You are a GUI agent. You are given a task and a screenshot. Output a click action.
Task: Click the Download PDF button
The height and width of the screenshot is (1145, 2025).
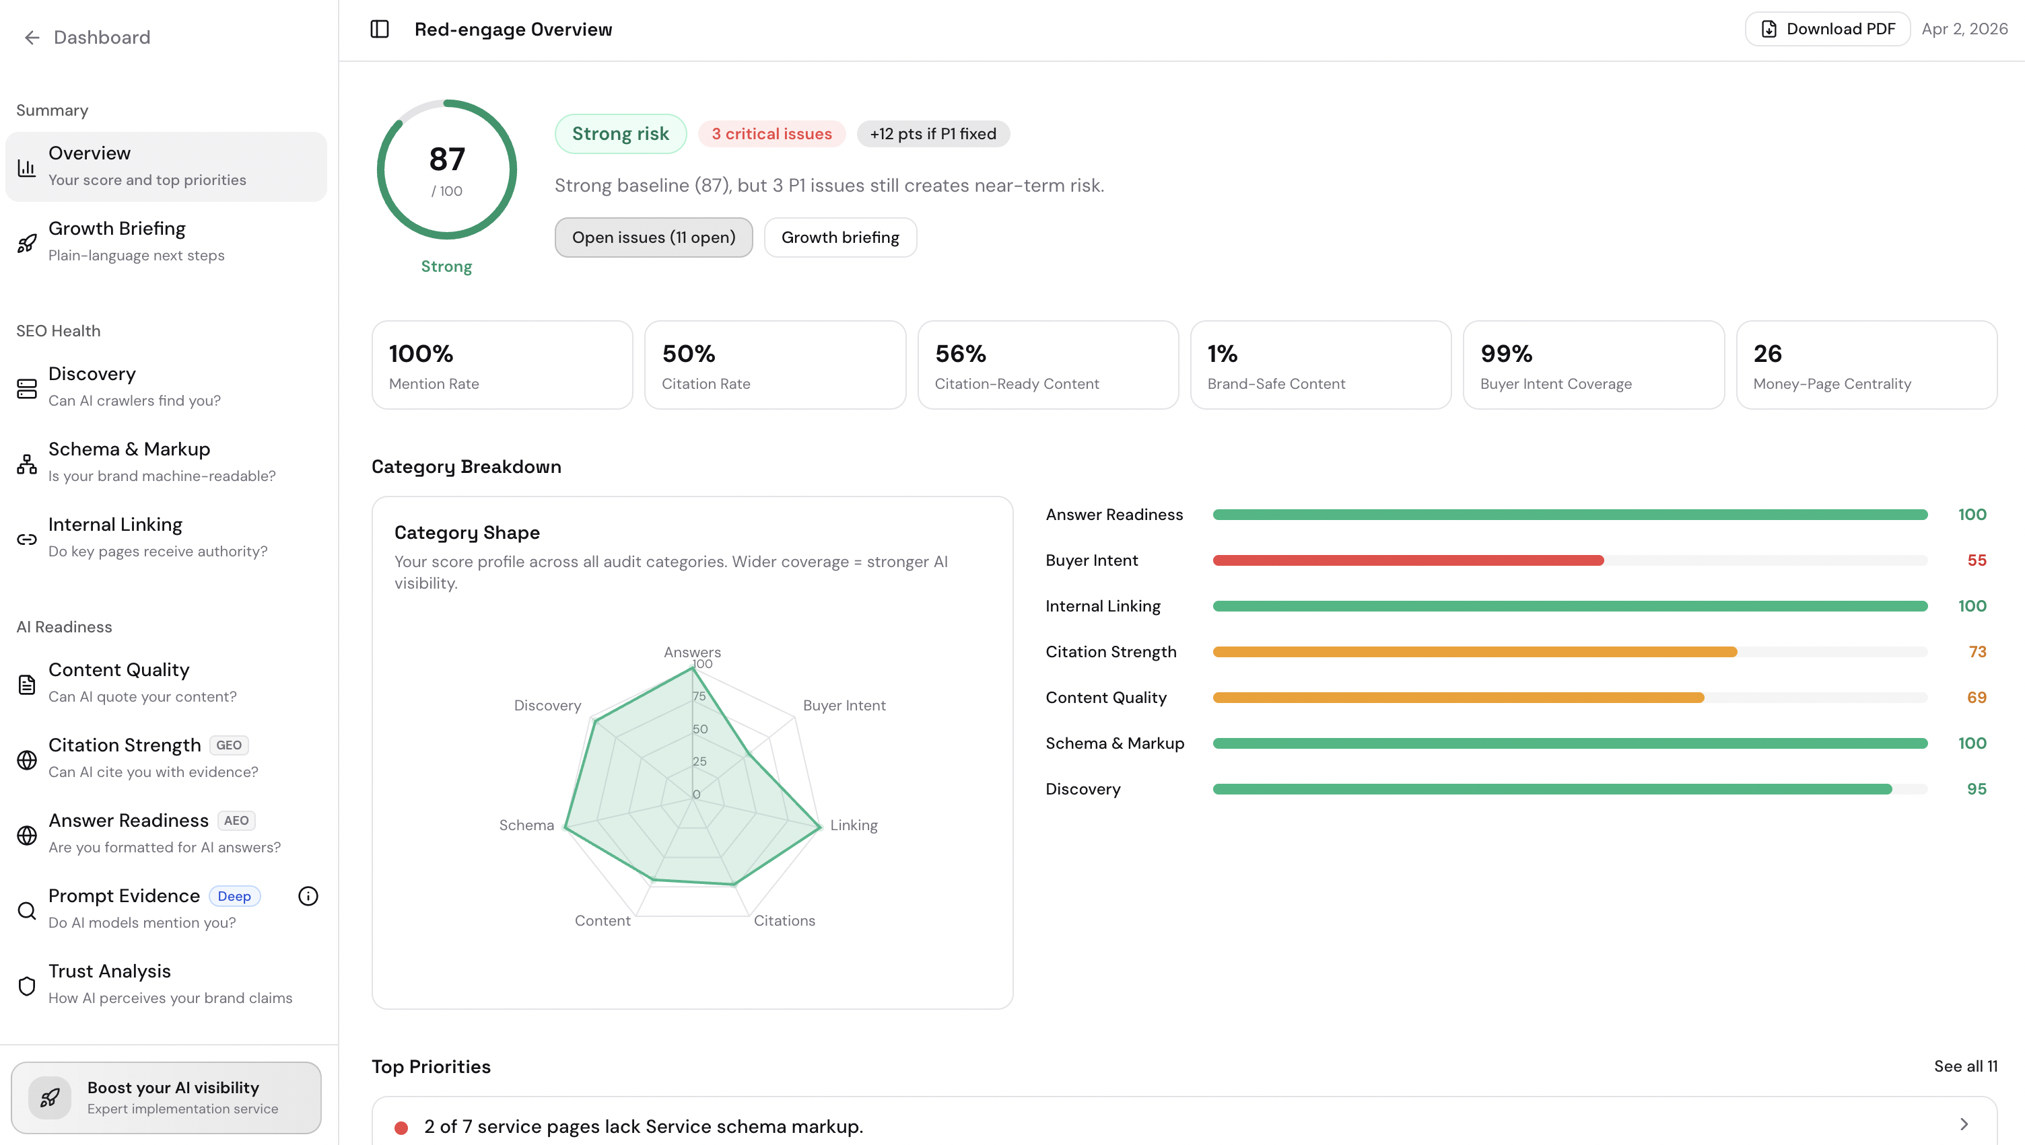[1827, 29]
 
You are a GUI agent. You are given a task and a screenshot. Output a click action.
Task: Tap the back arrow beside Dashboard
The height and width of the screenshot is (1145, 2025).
[32, 38]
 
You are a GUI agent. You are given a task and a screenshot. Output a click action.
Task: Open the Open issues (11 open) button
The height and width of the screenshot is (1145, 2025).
[653, 237]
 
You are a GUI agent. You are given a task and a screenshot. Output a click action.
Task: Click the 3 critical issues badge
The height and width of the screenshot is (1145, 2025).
[771, 134]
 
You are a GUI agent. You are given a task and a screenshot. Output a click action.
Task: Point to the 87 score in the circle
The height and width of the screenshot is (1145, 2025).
[447, 159]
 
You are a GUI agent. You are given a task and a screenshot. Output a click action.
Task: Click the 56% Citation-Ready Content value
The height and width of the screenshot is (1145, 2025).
[961, 354]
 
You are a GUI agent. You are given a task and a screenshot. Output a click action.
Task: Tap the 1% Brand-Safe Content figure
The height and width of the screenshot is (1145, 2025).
[1222, 354]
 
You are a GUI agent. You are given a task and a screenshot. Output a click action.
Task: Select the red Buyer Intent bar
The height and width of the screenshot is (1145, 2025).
[1408, 560]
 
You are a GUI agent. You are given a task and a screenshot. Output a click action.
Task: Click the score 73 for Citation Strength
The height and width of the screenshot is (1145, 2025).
[1977, 652]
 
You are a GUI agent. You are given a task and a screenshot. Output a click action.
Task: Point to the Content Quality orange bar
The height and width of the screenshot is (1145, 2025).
[1457, 698]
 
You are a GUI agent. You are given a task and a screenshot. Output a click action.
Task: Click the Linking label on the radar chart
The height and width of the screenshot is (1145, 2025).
[854, 825]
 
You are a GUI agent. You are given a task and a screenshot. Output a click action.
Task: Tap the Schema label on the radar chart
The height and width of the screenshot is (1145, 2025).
[526, 825]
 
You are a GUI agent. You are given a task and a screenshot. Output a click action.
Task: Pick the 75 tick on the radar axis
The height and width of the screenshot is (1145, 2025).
[699, 696]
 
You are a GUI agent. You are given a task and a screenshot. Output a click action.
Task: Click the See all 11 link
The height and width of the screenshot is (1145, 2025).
[1965, 1066]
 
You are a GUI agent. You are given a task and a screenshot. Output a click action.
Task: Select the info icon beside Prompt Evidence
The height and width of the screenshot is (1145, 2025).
[308, 895]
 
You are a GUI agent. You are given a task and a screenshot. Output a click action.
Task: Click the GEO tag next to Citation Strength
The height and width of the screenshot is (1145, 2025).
[228, 745]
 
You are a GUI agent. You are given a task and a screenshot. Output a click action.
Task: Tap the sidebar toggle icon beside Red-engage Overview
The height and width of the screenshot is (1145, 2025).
[379, 29]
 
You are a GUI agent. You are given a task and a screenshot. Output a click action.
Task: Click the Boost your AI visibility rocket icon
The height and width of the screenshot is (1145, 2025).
[50, 1098]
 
